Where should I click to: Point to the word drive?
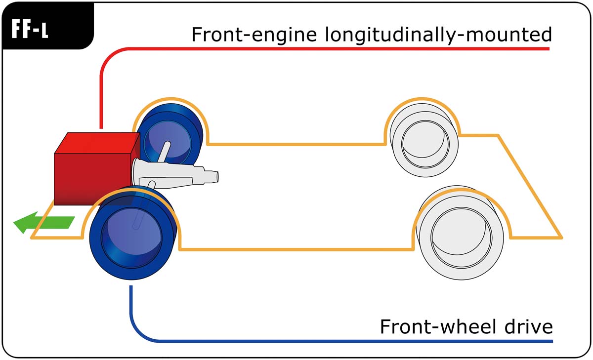[x=530, y=326]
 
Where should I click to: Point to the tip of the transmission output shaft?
[x=216, y=176]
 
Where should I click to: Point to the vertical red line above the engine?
[x=101, y=99]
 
